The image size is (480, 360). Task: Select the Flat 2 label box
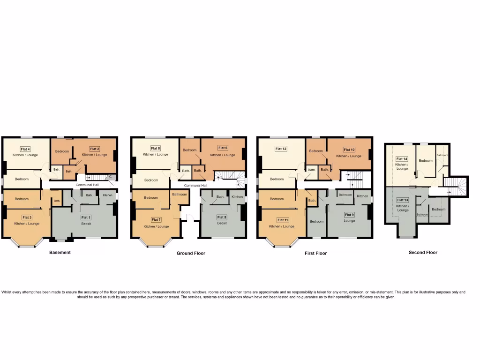tap(95, 149)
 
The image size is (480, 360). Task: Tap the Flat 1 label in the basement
tap(86, 217)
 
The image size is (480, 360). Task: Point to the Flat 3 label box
tap(27, 217)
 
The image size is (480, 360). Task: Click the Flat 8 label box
tap(155, 149)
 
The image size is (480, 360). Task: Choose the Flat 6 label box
tap(223, 149)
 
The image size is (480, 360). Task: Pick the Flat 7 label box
tap(156, 220)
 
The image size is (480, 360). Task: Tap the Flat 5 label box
tap(222, 217)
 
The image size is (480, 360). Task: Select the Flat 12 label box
tap(281, 149)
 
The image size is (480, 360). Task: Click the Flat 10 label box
tap(349, 150)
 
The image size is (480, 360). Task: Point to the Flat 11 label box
tap(283, 220)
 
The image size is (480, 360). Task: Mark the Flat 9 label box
tap(349, 215)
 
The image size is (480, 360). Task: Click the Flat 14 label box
tap(402, 159)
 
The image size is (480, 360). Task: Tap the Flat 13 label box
tap(403, 200)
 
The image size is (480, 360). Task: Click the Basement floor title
tap(60, 253)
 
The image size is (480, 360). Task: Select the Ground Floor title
tap(191, 253)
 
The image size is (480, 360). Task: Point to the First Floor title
tap(315, 253)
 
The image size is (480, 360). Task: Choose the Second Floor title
tap(423, 253)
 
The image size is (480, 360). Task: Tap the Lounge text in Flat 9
tap(349, 220)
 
